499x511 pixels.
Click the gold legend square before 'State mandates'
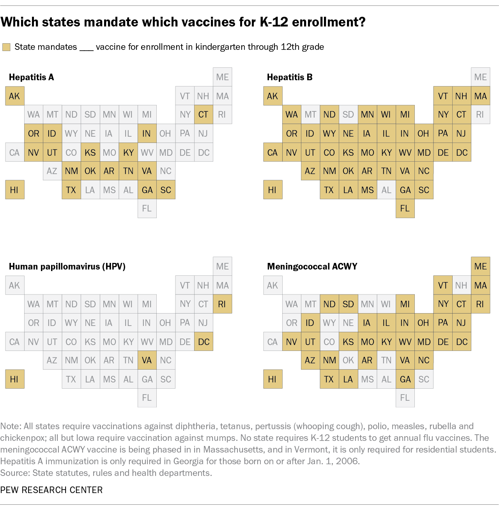pos(6,47)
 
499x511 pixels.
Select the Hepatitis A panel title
pos(31,77)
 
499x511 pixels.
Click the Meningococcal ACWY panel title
pos(312,266)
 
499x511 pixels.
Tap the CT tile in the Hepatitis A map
pos(203,115)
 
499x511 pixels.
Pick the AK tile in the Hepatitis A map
pos(14,96)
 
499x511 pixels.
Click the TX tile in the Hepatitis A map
pos(71,190)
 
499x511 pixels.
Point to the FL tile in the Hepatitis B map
pos(405,208)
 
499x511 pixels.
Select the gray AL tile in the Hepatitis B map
pos(386,190)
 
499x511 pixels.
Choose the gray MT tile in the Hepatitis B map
pos(310,115)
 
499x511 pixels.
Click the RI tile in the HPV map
pos(222,304)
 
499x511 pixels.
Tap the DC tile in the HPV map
pos(203,342)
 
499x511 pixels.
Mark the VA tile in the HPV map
pos(147,360)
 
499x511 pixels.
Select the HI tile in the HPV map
pos(14,379)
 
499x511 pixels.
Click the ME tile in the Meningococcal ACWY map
pos(480,266)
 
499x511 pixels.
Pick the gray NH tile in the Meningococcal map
pos(461,285)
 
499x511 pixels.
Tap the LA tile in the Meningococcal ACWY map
pos(348,379)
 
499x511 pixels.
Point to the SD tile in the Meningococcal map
pos(348,304)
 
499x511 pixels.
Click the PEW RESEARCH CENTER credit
pos(51,490)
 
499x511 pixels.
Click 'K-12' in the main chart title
pos(274,22)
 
